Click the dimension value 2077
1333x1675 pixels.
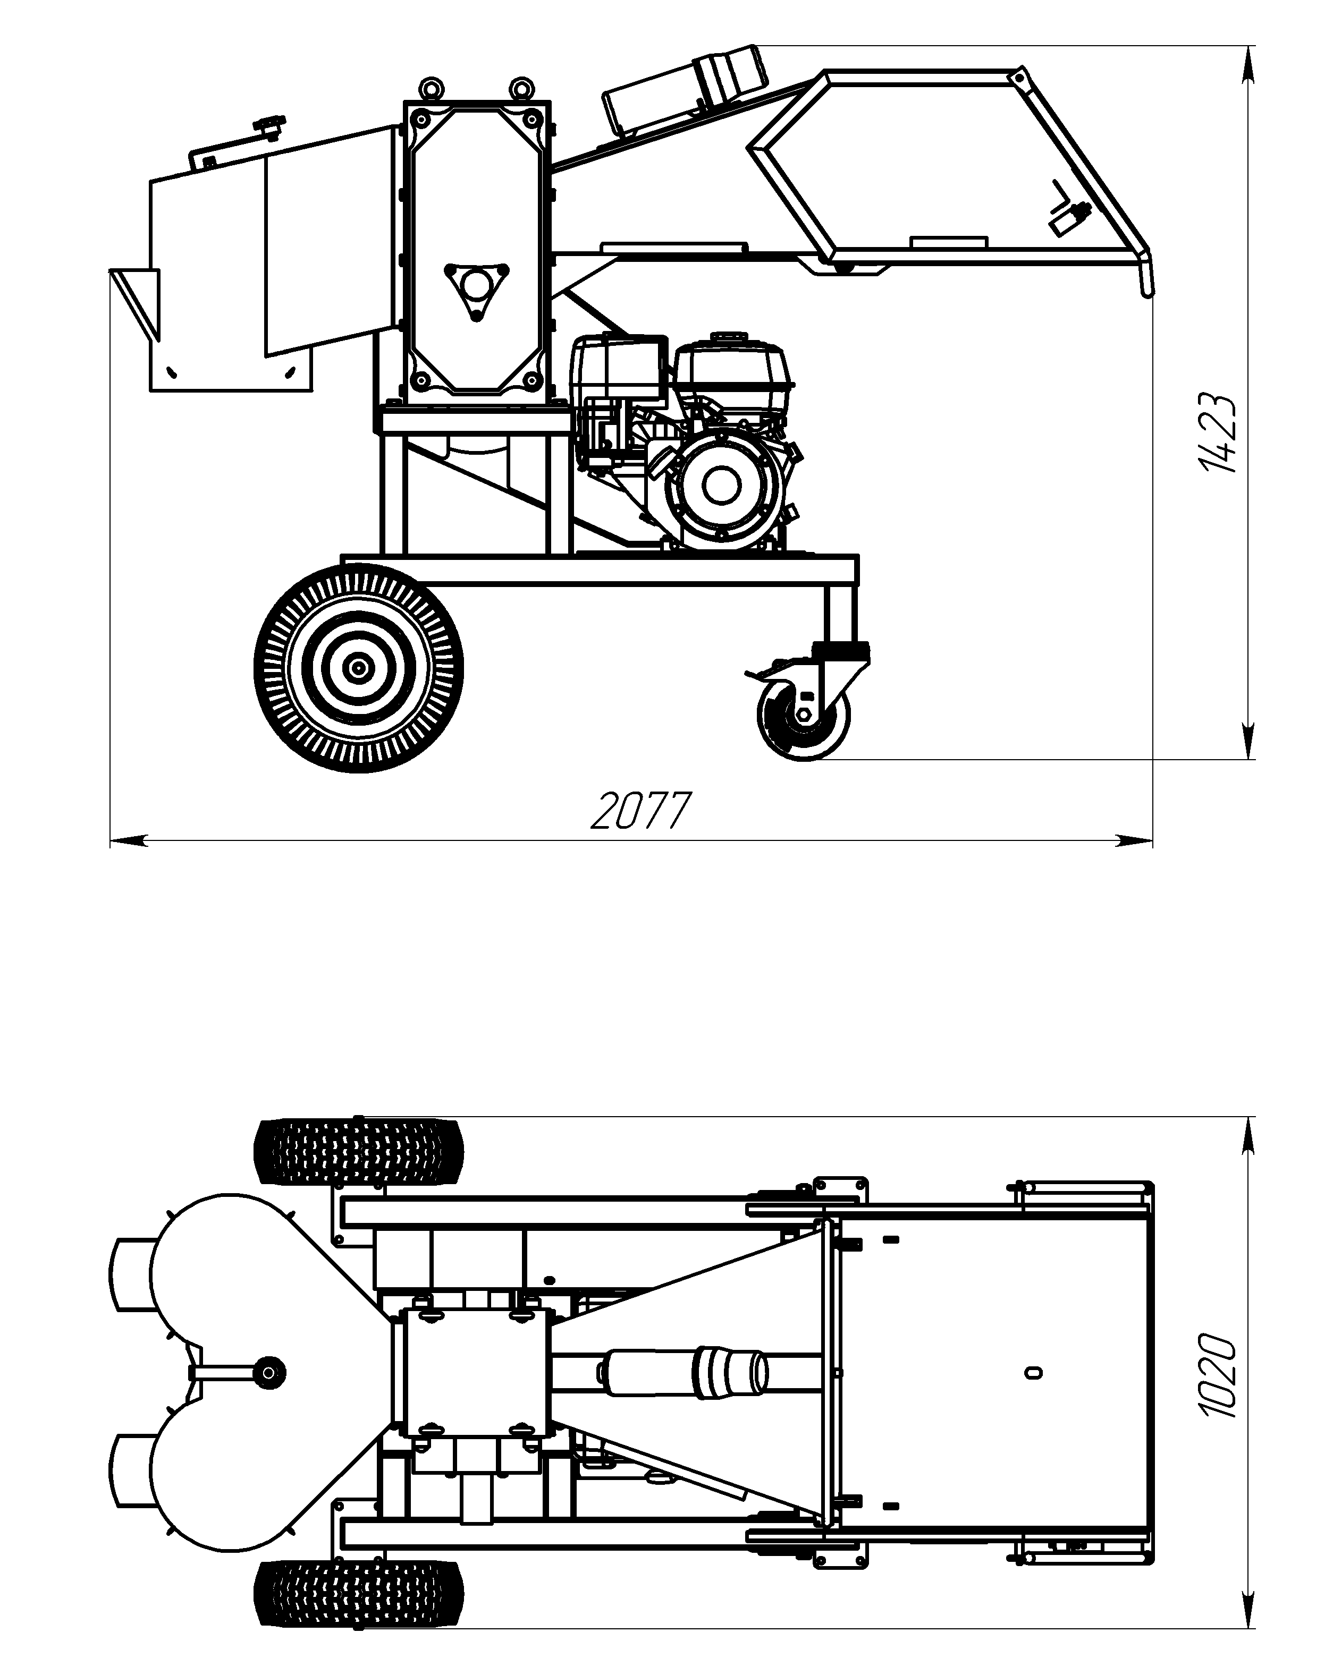(640, 810)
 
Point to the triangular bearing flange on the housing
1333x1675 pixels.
(476, 290)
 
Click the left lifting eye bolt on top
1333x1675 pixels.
(430, 88)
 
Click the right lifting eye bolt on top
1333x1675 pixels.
(520, 88)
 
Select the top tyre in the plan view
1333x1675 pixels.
(359, 1151)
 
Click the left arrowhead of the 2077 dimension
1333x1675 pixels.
(128, 840)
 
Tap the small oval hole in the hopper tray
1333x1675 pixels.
(1032, 1374)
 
